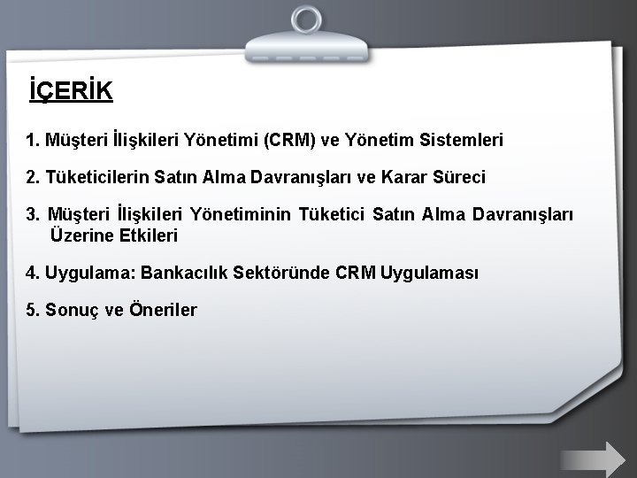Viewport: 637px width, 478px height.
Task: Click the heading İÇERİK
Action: point(70,91)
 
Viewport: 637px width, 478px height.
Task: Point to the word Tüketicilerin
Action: point(95,177)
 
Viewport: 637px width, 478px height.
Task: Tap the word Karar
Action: point(395,177)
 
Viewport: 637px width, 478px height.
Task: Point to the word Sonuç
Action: point(76,310)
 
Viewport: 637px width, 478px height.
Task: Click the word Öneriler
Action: point(163,310)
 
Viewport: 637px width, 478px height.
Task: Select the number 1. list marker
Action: point(33,139)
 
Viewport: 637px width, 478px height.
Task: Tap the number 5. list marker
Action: point(33,310)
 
